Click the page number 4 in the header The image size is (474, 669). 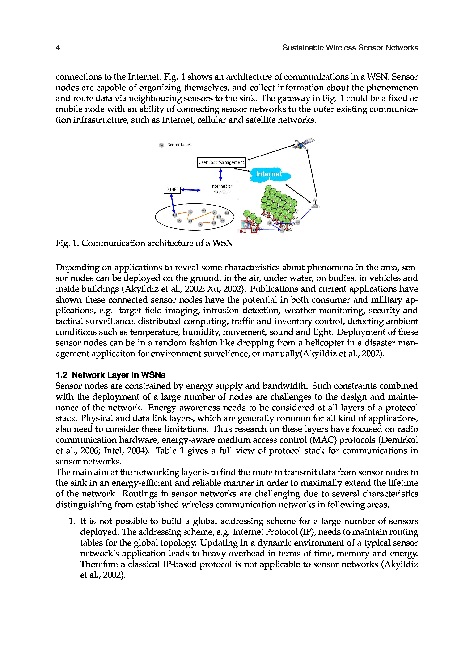(58, 48)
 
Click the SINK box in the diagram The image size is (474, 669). (172, 190)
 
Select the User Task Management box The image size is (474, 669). (221, 162)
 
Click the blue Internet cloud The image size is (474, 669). (269, 174)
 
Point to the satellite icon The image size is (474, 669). (304, 143)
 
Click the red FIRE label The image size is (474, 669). (241, 231)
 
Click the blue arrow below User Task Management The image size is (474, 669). (221, 174)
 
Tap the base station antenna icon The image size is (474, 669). (315, 204)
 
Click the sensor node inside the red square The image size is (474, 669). (254, 230)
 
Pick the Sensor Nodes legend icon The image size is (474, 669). (161, 145)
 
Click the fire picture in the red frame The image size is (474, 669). (245, 225)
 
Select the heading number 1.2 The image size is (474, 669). (62, 375)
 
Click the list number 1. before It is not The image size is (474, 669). (72, 521)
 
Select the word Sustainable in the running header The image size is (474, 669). (303, 48)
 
